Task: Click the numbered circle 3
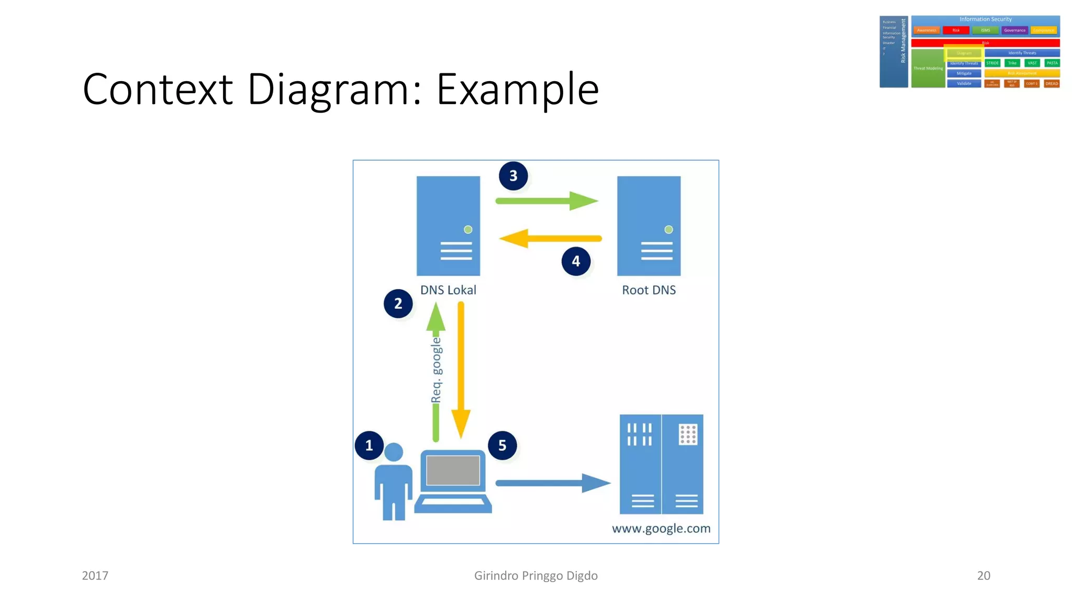pos(513,176)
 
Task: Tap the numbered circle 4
pos(576,261)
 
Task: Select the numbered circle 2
pos(398,304)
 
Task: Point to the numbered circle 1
pos(369,445)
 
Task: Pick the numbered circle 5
pos(502,445)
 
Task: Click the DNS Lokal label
pos(448,290)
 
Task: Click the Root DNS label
pos(649,290)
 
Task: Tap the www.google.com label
pos(661,529)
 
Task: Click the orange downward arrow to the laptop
pos(461,366)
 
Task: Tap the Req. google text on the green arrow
pos(436,371)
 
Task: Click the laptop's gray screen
pos(453,470)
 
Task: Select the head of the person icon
pos(394,452)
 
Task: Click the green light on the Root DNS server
pos(668,229)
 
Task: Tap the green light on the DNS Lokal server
pos(468,229)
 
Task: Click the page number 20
pos(984,576)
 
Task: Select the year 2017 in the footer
pos(95,576)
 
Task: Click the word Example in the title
pos(517,90)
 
